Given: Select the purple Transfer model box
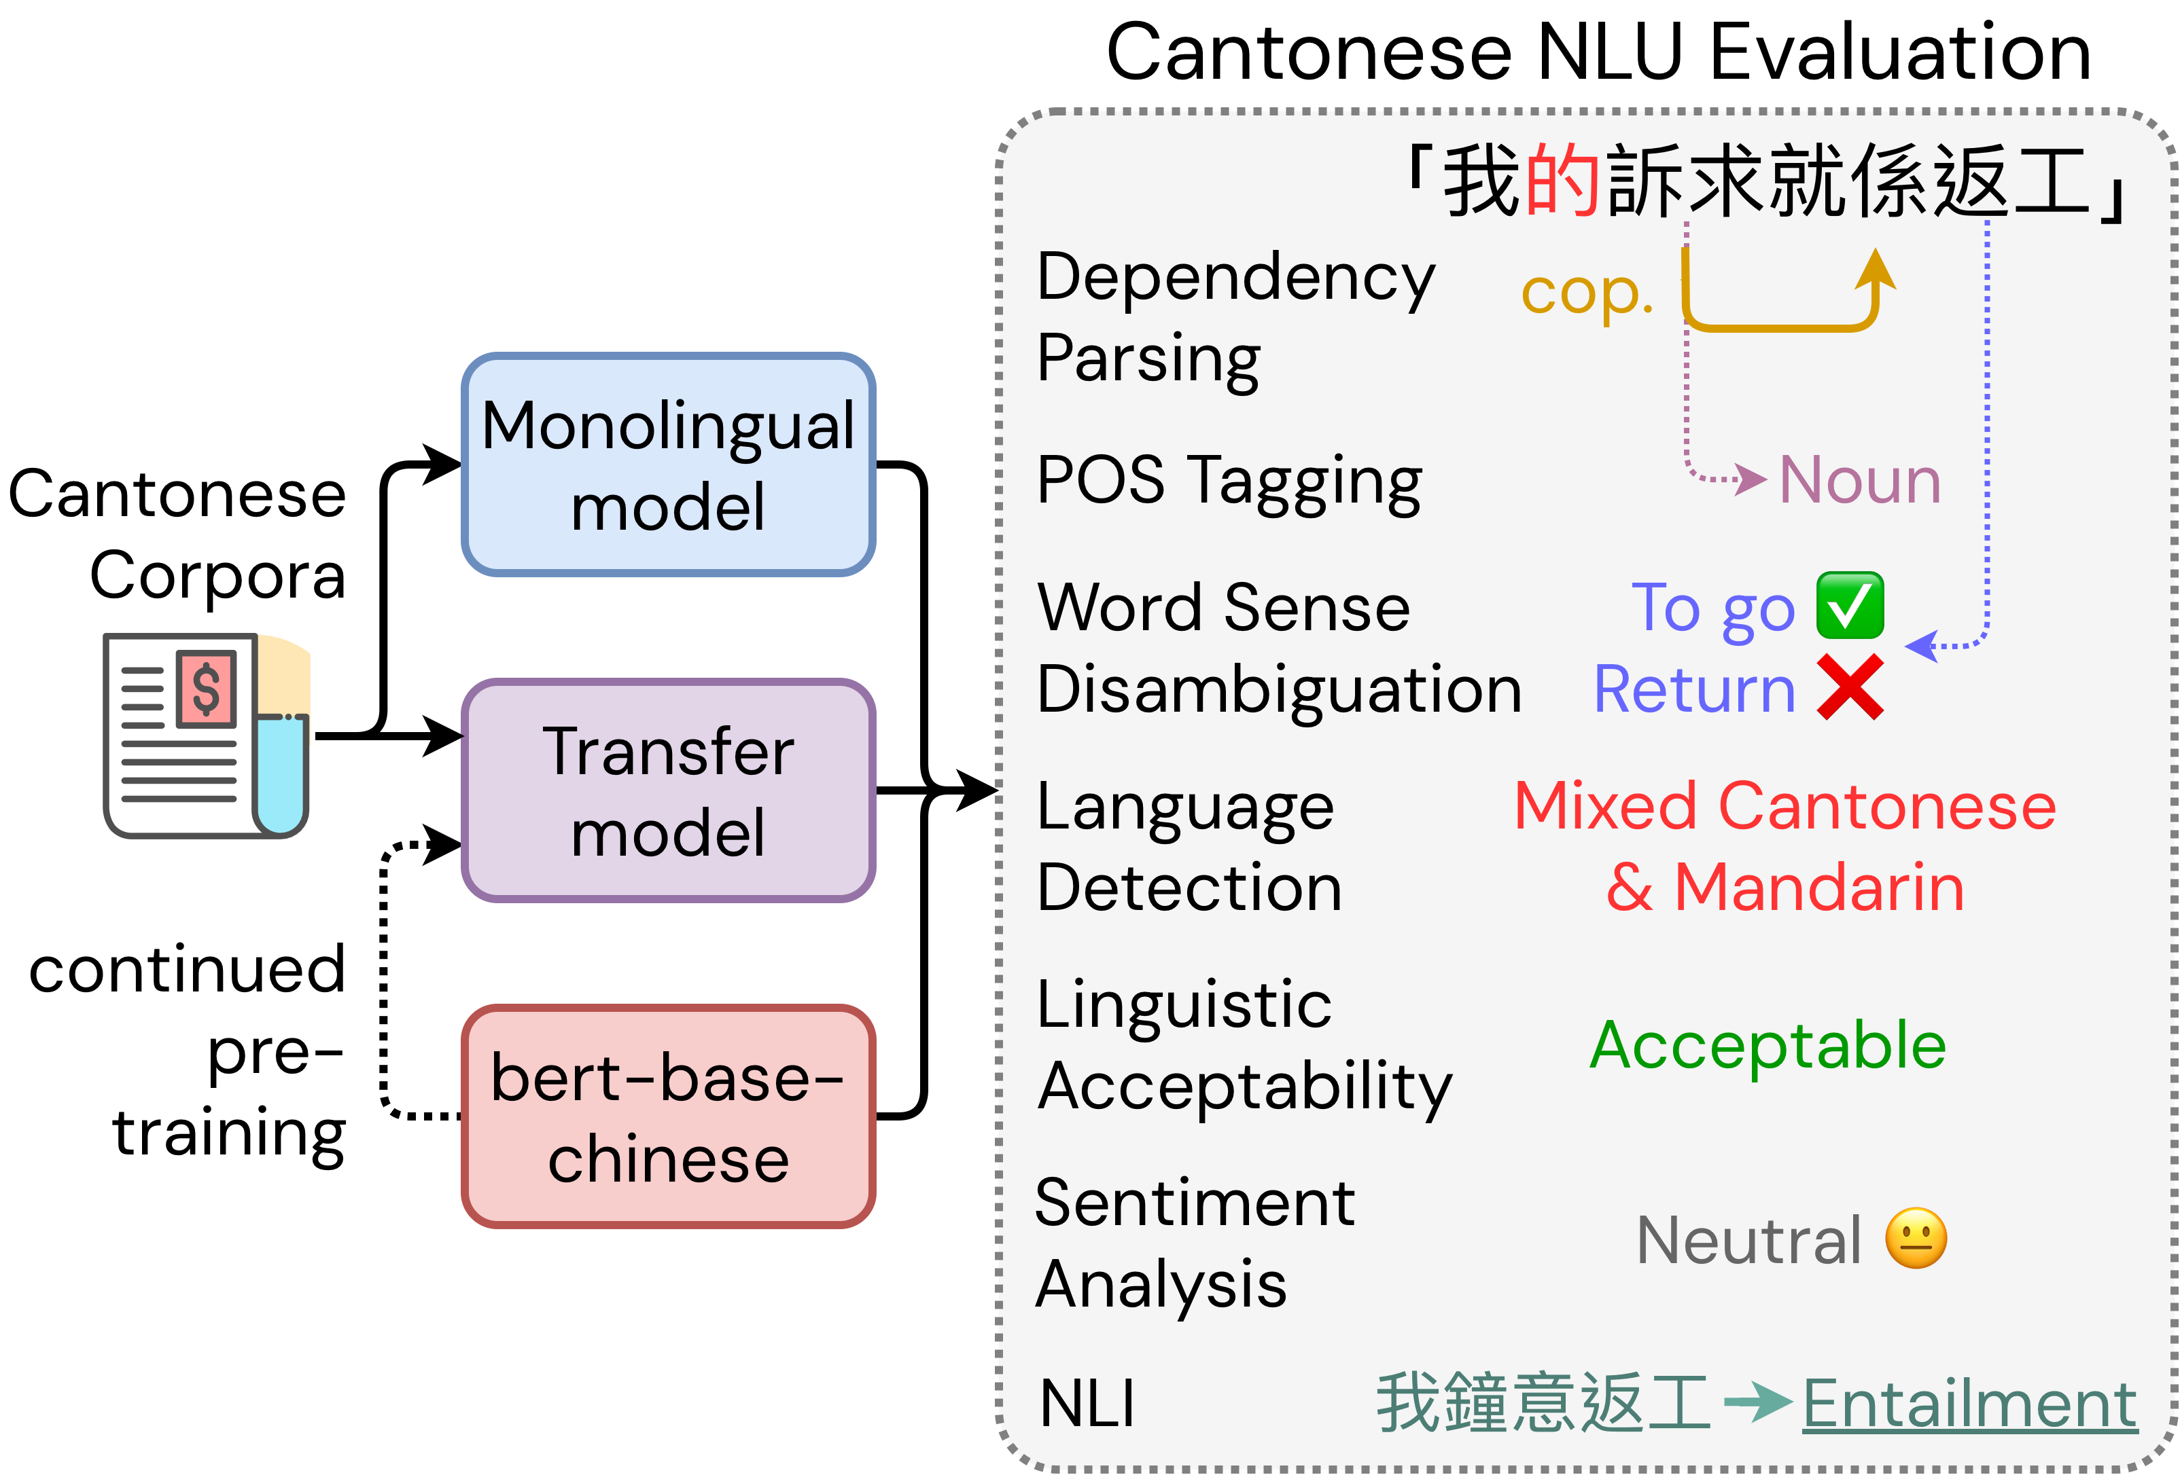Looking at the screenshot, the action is tap(668, 790).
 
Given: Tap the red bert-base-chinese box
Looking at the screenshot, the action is tap(668, 1116).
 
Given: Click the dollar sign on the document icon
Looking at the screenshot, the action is tap(207, 689).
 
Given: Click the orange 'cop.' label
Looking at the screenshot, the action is tap(1586, 293).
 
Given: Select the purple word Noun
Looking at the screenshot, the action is tap(1859, 480).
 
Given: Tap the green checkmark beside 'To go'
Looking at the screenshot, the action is tap(1850, 606).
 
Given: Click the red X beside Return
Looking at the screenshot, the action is tap(1850, 687).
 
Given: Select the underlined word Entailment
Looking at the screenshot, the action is tap(1969, 1404).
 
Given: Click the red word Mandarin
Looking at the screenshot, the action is tap(1819, 887).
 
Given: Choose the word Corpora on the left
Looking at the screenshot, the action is tap(217, 575).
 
